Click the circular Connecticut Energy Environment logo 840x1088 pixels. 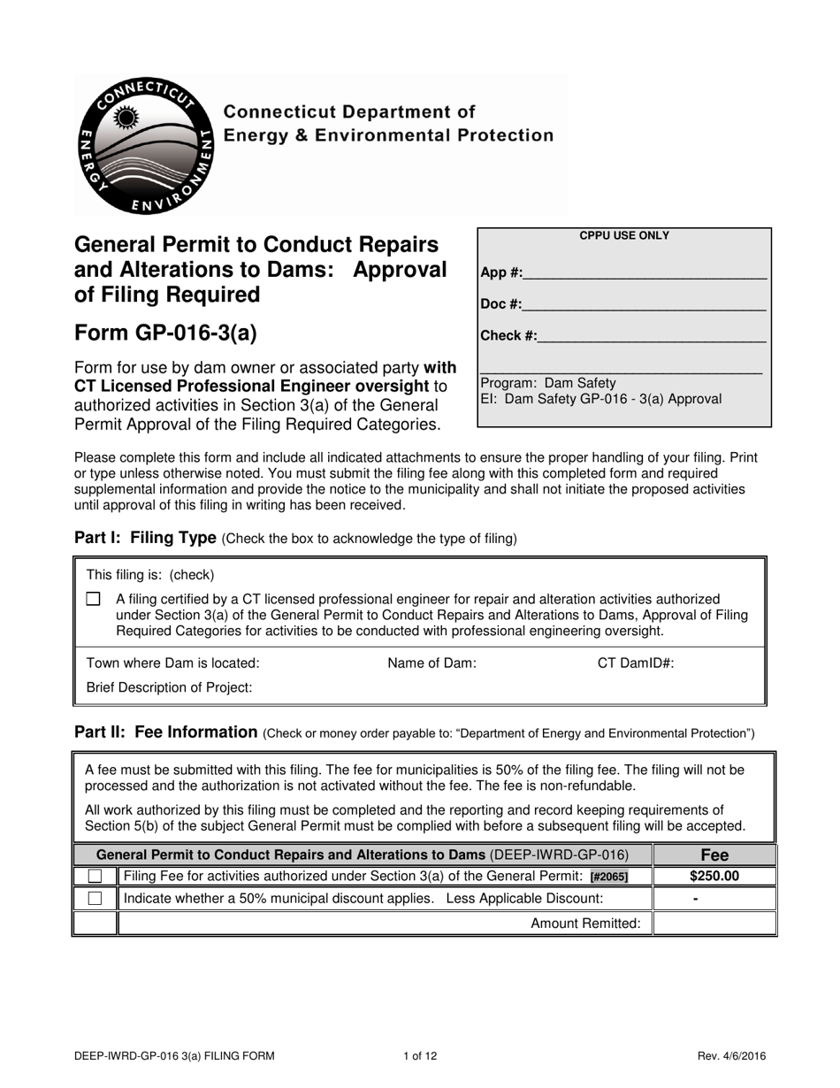141,145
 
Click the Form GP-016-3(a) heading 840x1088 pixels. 165,333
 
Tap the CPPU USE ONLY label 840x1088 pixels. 623,236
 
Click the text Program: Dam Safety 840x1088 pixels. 548,383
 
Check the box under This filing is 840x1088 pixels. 94,600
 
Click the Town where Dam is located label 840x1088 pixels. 173,663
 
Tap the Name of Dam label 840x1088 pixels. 431,663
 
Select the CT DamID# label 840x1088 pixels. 636,663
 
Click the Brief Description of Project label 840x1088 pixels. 169,687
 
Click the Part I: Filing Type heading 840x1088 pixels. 146,538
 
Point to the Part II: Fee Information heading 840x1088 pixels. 165,732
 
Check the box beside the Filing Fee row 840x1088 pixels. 95,877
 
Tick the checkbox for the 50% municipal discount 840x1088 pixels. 95,899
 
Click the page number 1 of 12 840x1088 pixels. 420,1055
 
